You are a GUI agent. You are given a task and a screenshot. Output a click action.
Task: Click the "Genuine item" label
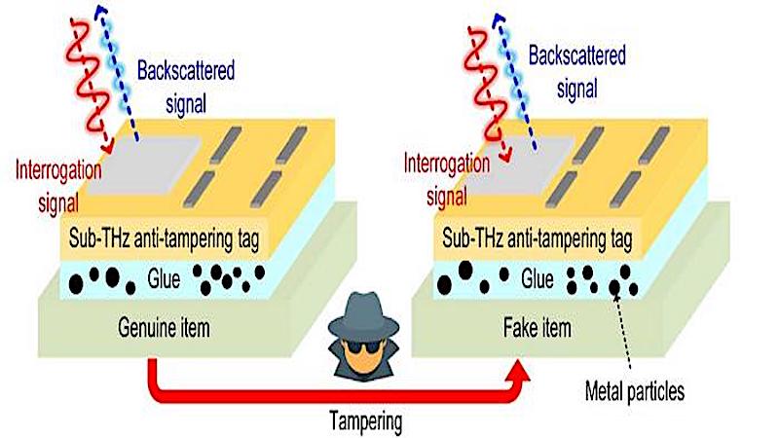tap(164, 328)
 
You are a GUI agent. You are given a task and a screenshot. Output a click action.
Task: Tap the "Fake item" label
tap(538, 328)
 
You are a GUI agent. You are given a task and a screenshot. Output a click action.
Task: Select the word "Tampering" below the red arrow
tap(366, 421)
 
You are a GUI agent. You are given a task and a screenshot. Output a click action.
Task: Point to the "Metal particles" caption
tap(635, 391)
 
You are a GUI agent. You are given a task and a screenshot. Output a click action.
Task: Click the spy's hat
tap(364, 317)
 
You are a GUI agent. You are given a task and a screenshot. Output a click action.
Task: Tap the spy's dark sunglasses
tap(364, 347)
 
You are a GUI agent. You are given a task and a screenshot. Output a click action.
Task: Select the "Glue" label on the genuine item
tap(164, 279)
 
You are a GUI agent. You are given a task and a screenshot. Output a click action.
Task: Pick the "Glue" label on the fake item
tap(538, 279)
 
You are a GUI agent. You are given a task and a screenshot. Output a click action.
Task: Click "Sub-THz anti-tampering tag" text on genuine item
tap(164, 239)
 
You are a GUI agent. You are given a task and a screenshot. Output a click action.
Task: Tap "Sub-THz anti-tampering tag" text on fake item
tap(538, 239)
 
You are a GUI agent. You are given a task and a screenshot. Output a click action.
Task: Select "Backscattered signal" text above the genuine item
tap(186, 88)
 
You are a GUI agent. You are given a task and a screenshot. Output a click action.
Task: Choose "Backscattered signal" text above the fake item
tap(576, 72)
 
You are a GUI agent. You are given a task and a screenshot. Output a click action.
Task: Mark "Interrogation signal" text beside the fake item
tap(447, 179)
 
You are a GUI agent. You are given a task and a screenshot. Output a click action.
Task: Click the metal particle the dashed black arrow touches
tap(614, 286)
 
